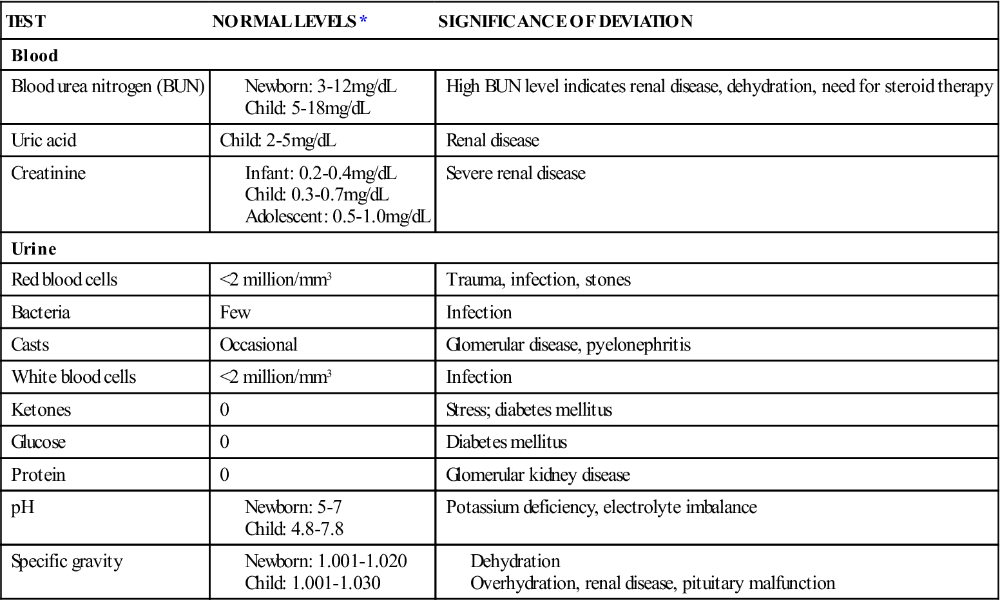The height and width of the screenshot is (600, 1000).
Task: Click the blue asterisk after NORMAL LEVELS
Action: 363,21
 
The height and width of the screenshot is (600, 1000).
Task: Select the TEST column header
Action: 26,21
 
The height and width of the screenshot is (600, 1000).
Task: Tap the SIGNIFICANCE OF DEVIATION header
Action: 565,21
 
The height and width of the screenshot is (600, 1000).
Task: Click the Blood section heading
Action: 35,55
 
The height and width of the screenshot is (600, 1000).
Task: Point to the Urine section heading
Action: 34,249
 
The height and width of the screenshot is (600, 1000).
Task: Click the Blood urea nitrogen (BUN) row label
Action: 108,86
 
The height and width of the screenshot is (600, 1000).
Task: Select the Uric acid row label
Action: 44,140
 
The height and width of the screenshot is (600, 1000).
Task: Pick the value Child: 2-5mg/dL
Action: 278,140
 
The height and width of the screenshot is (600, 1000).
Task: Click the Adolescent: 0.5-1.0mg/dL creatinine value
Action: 338,217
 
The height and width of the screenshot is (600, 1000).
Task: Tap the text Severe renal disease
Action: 515,173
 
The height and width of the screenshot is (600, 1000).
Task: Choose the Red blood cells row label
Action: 64,280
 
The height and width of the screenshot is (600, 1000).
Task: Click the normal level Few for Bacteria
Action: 235,313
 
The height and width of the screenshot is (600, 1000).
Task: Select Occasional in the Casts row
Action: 258,345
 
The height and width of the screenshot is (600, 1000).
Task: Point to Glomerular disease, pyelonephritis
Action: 568,345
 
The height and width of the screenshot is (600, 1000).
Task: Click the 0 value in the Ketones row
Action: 224,410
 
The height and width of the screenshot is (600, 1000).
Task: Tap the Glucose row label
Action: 39,442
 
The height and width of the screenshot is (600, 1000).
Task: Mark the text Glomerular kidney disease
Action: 537,475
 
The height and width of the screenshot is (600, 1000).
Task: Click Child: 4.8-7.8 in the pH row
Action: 294,529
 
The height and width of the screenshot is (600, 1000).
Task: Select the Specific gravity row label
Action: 67,561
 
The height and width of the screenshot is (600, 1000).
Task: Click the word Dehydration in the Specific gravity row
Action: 515,561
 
